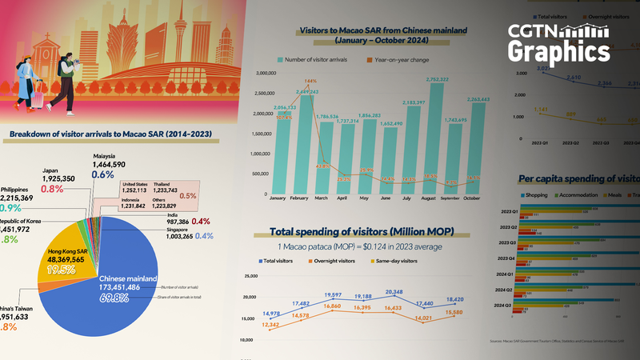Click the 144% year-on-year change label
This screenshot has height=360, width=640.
(310, 80)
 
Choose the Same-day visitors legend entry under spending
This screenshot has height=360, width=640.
(400, 261)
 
